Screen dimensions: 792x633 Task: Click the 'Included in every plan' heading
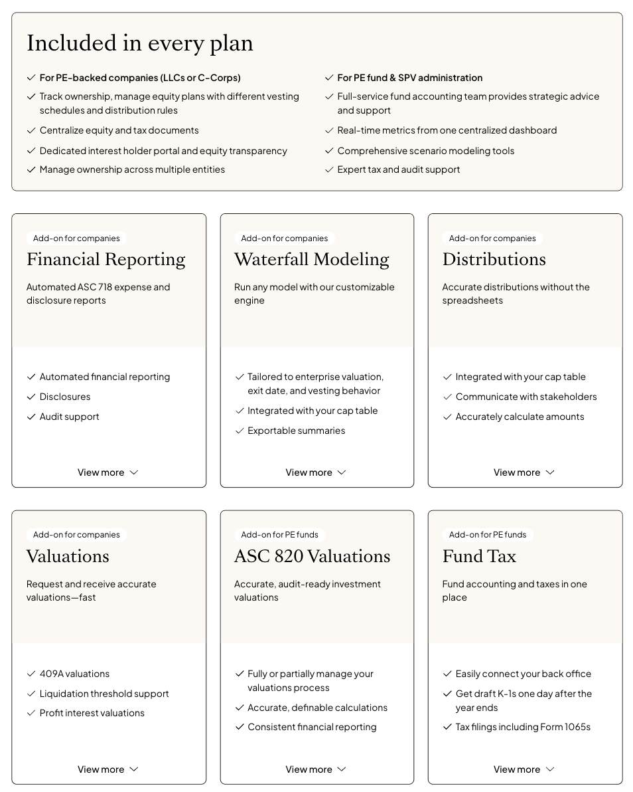tap(139, 43)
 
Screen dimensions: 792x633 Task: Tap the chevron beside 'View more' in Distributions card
tap(550, 472)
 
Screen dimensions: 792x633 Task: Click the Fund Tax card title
tap(479, 556)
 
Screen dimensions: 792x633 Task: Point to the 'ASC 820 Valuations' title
tap(312, 556)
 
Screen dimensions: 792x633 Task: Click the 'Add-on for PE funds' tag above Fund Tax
tap(487, 535)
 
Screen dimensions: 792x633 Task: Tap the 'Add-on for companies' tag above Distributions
tap(492, 239)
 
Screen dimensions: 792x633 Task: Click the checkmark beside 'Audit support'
tap(31, 417)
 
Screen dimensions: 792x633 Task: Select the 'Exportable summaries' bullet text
tap(296, 431)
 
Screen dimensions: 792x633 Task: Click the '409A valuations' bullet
tap(74, 674)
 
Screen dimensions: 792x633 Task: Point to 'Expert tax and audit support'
tap(398, 169)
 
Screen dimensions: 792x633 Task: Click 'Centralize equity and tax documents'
tap(119, 130)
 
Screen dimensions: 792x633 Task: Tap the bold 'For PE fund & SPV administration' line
tap(409, 78)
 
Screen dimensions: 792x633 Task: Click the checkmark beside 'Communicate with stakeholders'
tap(447, 397)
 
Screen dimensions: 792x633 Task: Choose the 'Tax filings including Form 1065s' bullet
tap(523, 727)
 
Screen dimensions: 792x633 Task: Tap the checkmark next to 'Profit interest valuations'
tap(31, 713)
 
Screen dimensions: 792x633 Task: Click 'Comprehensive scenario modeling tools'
tap(425, 151)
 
